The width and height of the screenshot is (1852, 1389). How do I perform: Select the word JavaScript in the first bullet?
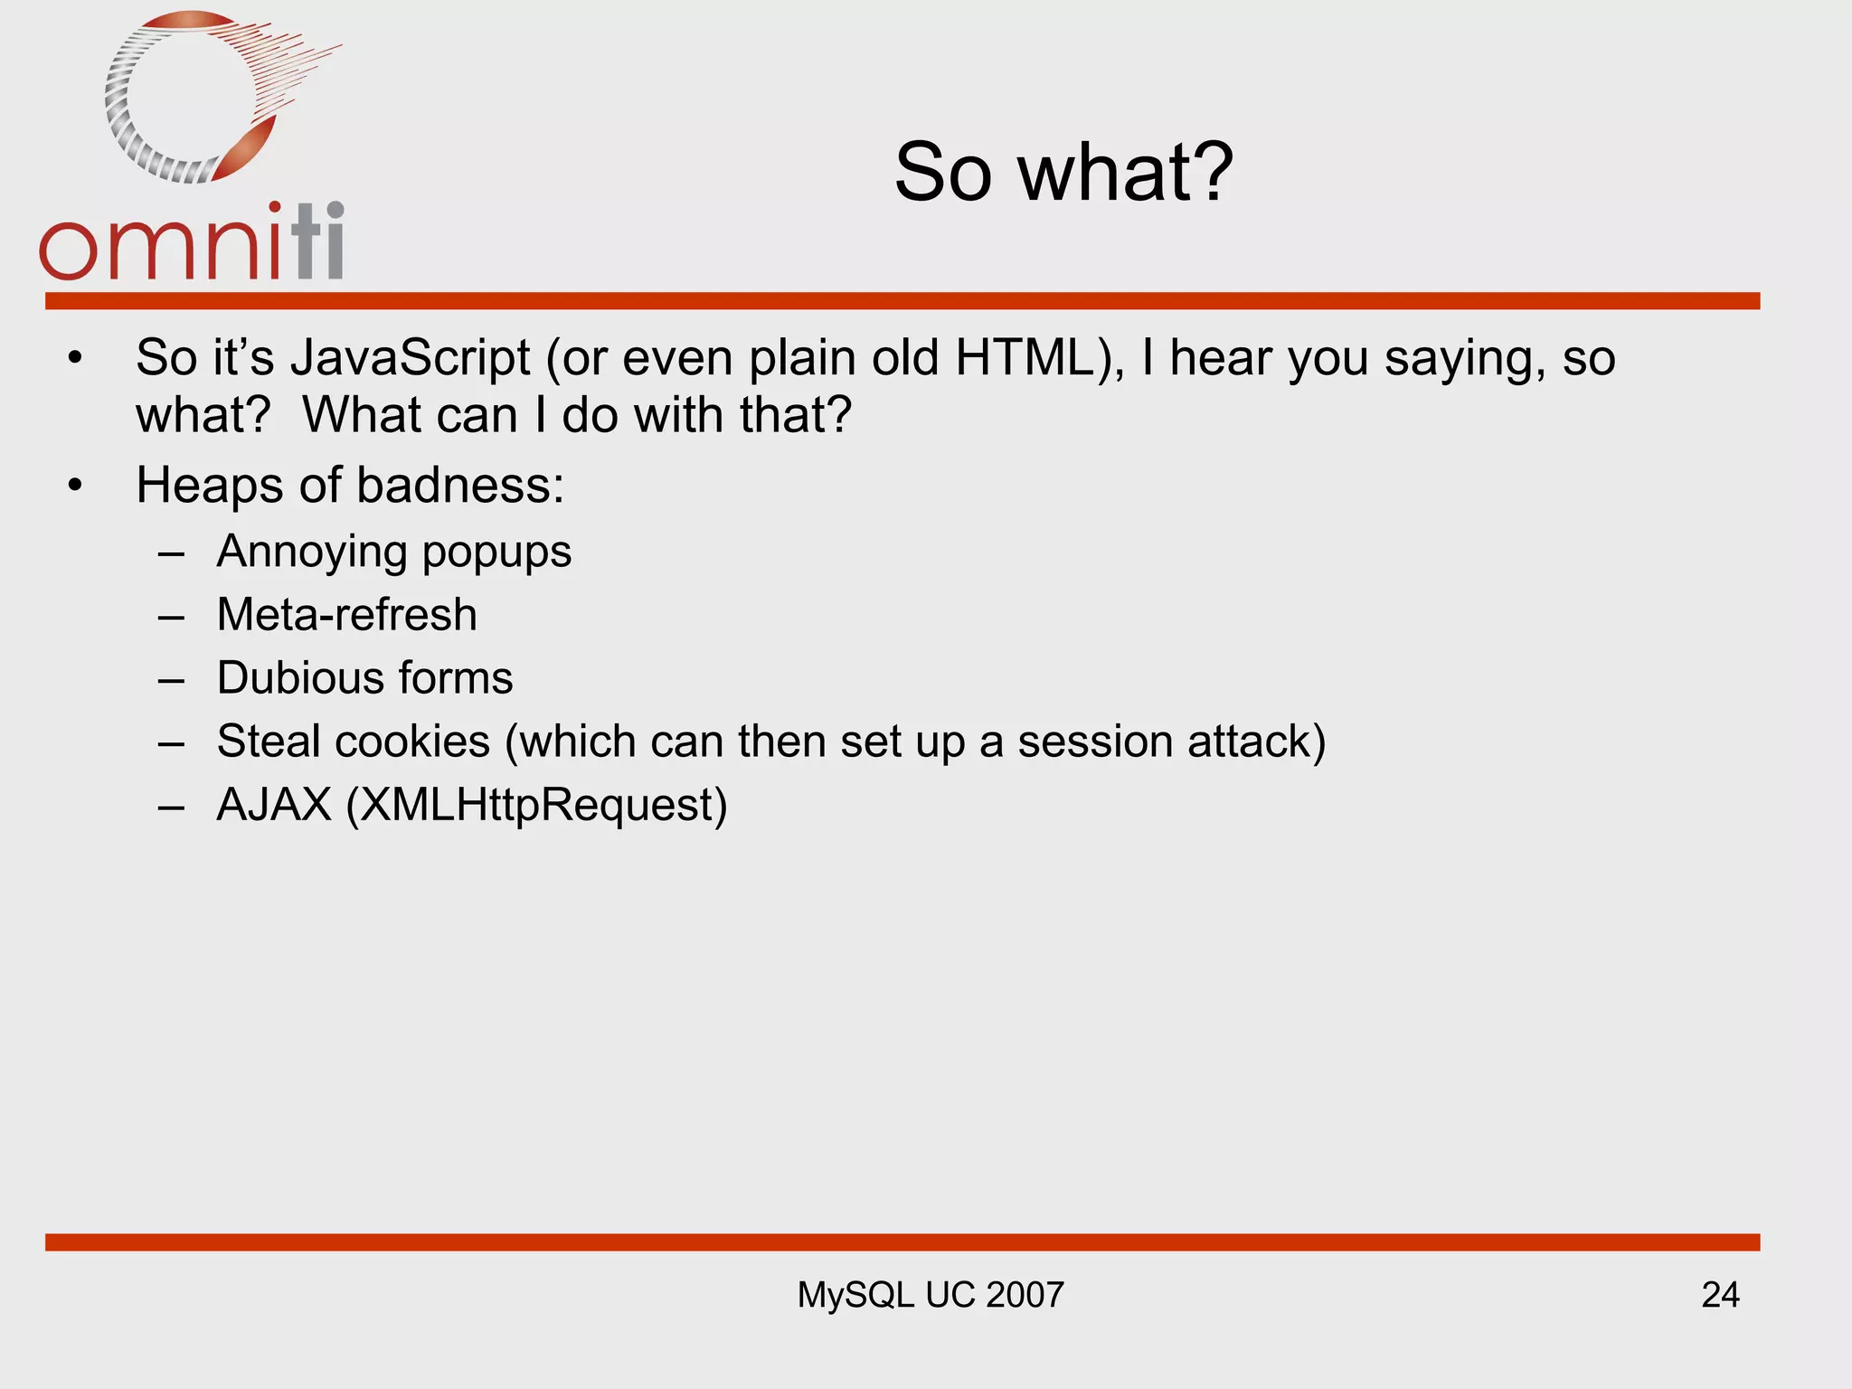411,358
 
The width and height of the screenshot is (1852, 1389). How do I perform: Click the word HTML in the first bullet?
1025,358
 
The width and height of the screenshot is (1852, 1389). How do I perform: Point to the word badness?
460,486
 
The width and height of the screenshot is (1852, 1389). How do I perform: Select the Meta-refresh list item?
347,615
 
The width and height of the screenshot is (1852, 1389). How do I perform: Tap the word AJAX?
275,805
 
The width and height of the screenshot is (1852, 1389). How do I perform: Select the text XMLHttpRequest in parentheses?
536,805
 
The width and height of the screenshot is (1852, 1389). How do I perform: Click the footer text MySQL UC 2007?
930,1295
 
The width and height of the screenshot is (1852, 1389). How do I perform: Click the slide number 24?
1720,1295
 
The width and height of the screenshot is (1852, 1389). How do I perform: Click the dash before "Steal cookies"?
171,743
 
